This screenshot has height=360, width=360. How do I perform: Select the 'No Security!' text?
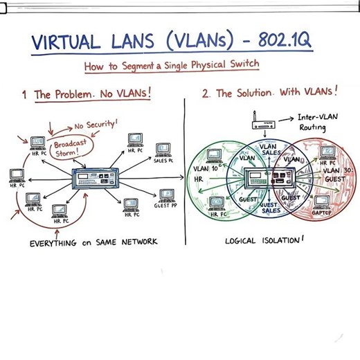tap(96, 125)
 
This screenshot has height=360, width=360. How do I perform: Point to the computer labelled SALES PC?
tap(162, 149)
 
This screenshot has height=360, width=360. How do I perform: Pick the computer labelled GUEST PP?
tap(167, 196)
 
